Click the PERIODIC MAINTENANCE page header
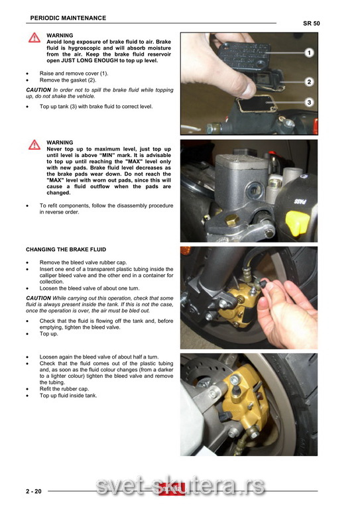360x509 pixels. (68, 18)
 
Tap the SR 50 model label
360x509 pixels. (312, 23)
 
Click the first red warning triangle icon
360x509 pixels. (34, 38)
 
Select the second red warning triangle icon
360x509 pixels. (34, 144)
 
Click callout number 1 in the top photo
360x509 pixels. (309, 52)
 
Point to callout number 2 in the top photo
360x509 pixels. (309, 82)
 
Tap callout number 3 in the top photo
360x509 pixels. (309, 102)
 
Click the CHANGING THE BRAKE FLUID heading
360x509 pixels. (66, 250)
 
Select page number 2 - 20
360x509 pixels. (34, 492)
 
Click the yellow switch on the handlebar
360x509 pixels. (297, 223)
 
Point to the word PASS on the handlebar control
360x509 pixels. (300, 201)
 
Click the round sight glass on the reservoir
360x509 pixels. (254, 190)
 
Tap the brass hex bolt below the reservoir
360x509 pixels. (232, 220)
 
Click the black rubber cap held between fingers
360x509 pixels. (263, 285)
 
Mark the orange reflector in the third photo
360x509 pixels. (186, 251)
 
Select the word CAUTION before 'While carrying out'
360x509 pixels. (38, 298)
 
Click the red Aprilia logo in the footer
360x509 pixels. (172, 489)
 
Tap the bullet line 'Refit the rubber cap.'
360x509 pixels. (64, 389)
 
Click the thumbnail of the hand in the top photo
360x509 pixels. (249, 88)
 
